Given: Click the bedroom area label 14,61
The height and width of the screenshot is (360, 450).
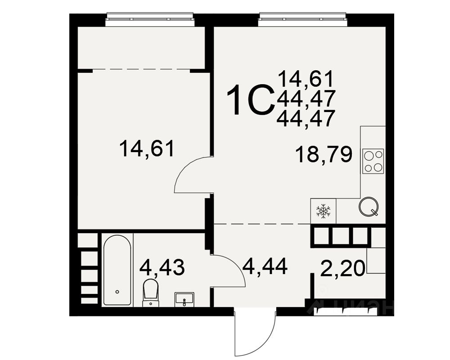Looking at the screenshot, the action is coord(147,148).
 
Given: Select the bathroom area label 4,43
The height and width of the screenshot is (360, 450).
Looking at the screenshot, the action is coord(162,267).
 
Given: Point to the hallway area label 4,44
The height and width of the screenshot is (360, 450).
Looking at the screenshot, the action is coord(265,266).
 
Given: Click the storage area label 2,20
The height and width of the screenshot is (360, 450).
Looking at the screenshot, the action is coord(342,268).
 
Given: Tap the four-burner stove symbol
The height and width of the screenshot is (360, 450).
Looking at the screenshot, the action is coord(373,161).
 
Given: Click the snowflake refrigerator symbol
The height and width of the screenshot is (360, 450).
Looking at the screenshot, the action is coord(324,211).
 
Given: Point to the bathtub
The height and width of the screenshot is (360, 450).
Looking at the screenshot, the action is coord(117,270).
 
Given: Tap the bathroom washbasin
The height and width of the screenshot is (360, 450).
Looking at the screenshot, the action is coord(184,299).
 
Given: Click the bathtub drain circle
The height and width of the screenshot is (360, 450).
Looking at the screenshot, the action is coord(117,292).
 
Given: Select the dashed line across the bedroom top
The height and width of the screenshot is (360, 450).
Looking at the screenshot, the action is coord(141,69).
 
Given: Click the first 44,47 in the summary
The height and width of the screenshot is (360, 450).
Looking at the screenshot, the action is coord(306,99).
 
